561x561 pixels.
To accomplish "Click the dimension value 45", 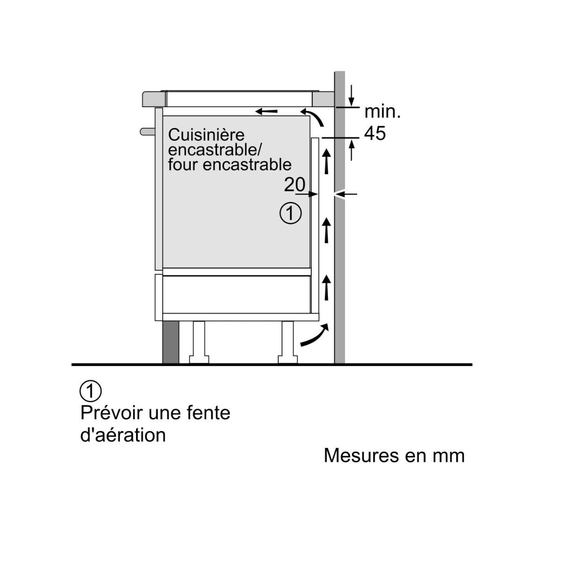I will [x=375, y=134].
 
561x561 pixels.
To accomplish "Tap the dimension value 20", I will [x=295, y=185].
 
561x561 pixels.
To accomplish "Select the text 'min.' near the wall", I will [x=382, y=112].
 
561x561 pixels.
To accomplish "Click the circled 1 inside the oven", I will [x=290, y=213].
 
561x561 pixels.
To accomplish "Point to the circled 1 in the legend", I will [x=91, y=391].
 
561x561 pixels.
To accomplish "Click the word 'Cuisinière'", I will [x=206, y=135].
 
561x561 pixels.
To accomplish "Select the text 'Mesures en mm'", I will [x=394, y=455].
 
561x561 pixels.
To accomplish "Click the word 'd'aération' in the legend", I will [x=123, y=435].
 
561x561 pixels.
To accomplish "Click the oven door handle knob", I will [x=147, y=131].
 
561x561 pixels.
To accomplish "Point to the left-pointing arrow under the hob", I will [x=266, y=111].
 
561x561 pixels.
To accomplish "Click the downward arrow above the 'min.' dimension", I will [x=352, y=96].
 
